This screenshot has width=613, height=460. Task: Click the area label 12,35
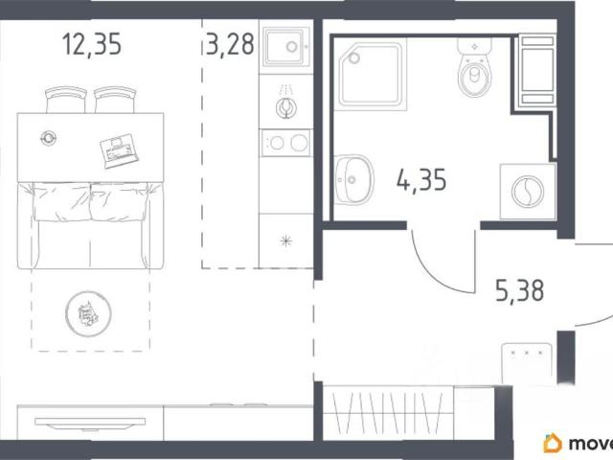(x=92, y=44)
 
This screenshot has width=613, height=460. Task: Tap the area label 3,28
(x=230, y=44)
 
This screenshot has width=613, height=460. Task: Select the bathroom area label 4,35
(x=421, y=180)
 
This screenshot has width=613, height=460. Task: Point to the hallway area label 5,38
(x=519, y=290)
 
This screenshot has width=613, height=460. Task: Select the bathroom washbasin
(x=353, y=179)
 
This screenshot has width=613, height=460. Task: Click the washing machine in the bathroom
(x=528, y=192)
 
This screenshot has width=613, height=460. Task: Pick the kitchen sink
(x=286, y=47)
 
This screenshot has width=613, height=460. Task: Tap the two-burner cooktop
(x=286, y=143)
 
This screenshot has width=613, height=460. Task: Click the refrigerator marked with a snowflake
(x=286, y=241)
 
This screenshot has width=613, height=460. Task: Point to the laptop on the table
(x=119, y=150)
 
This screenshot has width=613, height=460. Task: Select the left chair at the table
(x=66, y=100)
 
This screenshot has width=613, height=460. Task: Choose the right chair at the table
(x=115, y=100)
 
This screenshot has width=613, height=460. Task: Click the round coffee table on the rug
(x=88, y=313)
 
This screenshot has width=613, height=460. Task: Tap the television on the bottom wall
(x=90, y=423)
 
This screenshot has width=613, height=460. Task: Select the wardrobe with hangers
(x=389, y=413)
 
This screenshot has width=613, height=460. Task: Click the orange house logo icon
(x=553, y=443)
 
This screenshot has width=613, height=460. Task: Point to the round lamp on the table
(x=48, y=138)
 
